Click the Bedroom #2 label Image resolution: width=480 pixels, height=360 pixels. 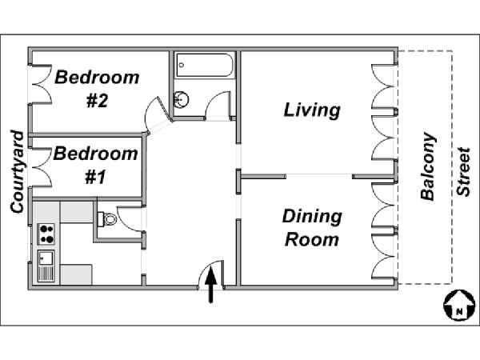97,89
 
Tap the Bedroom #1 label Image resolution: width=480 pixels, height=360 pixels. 95,166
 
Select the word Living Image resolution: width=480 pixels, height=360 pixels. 312,110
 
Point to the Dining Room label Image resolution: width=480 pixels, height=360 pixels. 312,228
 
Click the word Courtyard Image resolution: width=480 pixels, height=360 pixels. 17,172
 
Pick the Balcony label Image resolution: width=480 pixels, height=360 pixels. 427,166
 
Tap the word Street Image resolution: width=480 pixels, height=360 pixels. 463,172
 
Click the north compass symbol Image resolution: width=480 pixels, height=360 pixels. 459,306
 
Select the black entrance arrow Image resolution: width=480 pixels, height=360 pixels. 210,284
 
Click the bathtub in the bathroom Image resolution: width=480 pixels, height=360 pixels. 204,65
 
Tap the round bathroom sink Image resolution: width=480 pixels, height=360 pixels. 182,99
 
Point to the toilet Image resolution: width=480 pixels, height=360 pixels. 107,219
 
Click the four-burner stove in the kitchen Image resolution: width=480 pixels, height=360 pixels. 46,234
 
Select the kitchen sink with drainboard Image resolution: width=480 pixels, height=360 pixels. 46,266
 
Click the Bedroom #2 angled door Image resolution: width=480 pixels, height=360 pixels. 158,115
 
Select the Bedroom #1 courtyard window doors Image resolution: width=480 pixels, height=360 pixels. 42,167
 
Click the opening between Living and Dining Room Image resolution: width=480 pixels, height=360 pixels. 319,176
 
